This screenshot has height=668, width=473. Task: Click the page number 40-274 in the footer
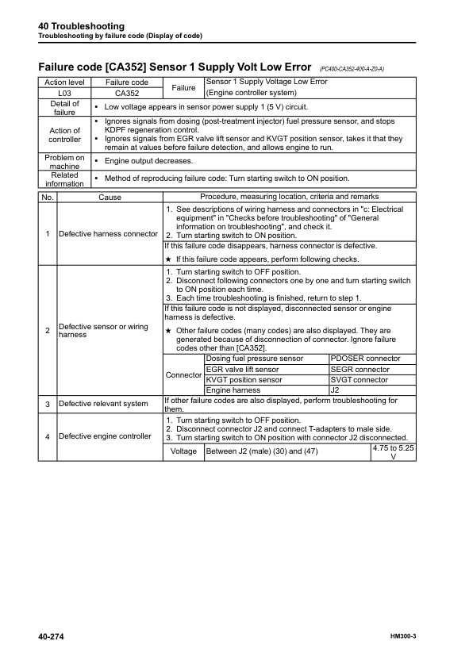pos(52,637)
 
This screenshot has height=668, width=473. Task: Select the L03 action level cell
pos(65,93)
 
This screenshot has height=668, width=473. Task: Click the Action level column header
pos(65,83)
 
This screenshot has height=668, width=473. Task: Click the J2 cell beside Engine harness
pos(336,390)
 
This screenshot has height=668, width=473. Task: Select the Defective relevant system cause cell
pos(103,404)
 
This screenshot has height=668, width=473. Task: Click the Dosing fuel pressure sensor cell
pos(254,359)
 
